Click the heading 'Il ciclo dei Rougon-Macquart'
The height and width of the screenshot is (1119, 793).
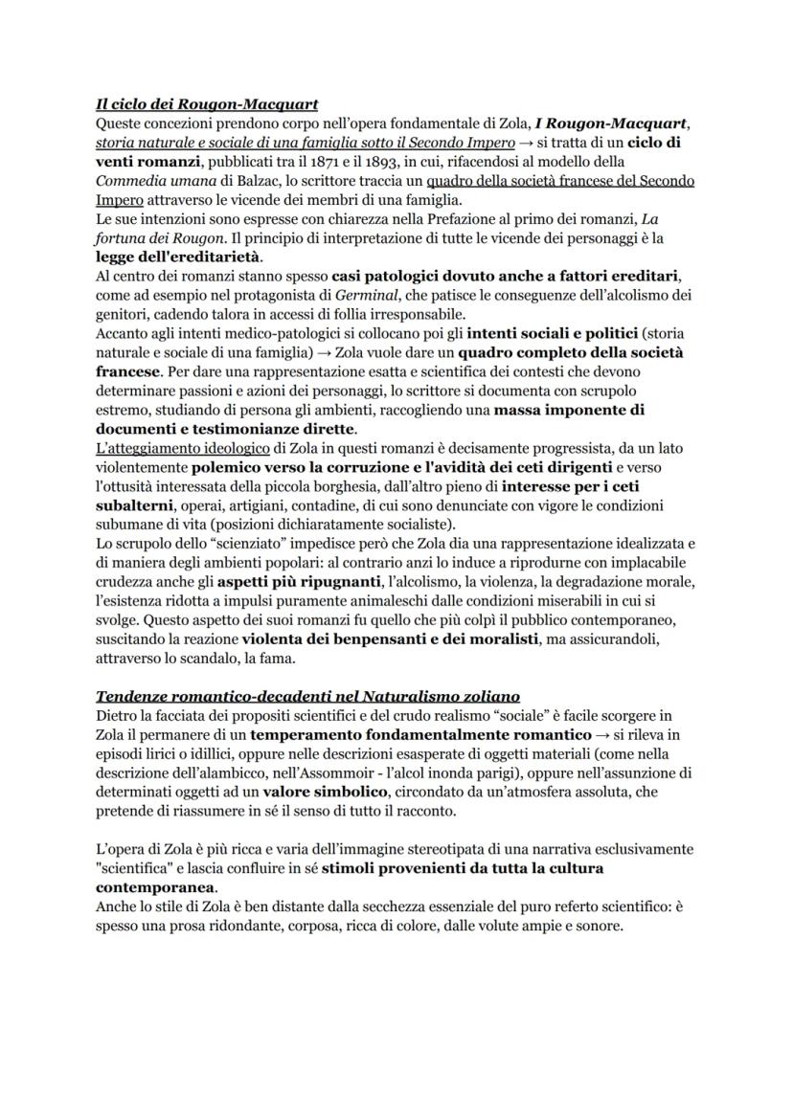pos(207,103)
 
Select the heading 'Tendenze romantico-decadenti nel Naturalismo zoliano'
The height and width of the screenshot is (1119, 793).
pos(307,695)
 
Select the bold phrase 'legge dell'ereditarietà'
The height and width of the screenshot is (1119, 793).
pos(178,257)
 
